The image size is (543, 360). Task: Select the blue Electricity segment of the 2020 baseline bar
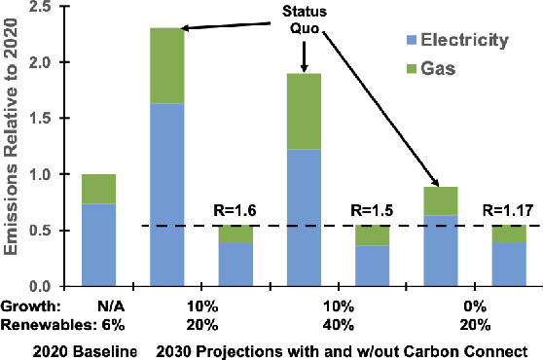(x=97, y=244)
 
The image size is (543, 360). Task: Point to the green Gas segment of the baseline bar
(x=97, y=189)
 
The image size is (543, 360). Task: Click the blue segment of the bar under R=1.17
(x=506, y=264)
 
